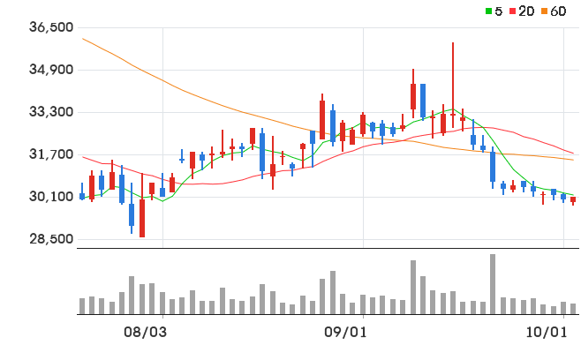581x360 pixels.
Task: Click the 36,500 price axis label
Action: click(51, 27)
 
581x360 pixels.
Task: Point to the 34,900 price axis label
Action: click(51, 70)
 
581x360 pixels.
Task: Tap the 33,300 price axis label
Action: click(51, 112)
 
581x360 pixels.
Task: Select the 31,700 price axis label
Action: click(51, 154)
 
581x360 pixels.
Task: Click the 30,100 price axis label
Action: click(51, 197)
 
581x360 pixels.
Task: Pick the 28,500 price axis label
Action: click(51, 239)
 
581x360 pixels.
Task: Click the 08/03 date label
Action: click(145, 333)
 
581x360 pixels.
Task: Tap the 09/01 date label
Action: click(345, 333)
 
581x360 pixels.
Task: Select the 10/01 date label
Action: click(547, 333)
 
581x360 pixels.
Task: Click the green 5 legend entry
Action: click(494, 11)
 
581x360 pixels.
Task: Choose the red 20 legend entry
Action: click(522, 11)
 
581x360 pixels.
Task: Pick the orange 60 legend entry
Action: click(554, 11)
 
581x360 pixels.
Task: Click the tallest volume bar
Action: click(493, 284)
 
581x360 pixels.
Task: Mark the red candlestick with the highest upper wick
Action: click(453, 86)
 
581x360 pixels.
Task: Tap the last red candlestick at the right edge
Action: click(573, 200)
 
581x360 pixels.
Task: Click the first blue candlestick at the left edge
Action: click(82, 191)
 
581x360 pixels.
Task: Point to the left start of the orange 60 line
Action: click(83, 39)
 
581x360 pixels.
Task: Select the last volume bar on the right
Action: click(573, 309)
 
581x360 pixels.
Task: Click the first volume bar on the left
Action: click(82, 306)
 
